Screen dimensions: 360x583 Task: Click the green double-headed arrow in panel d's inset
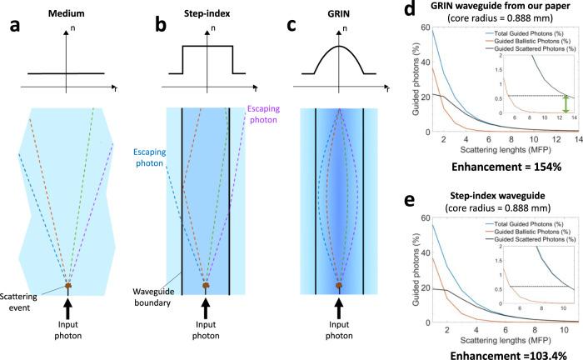tap(566, 104)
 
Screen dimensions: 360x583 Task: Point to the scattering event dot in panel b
tap(205, 286)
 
